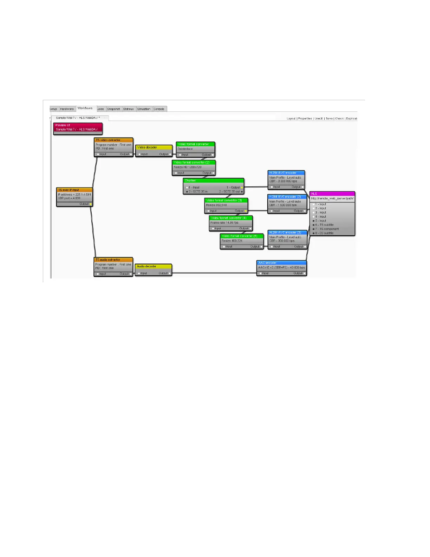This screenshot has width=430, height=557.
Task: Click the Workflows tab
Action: (85, 108)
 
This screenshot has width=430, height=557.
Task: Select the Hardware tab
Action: (67, 109)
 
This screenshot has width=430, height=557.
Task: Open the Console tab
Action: (159, 109)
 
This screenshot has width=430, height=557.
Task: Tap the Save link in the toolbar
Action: (329, 119)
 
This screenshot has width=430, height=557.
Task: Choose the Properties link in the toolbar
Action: (305, 119)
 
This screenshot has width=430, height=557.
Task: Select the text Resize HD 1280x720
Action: (188, 167)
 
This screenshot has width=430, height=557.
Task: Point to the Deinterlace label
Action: (185, 149)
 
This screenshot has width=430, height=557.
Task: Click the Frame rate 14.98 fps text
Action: (224, 223)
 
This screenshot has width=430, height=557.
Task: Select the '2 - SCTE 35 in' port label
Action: (198, 192)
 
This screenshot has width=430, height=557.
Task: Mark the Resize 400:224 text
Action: (232, 241)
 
